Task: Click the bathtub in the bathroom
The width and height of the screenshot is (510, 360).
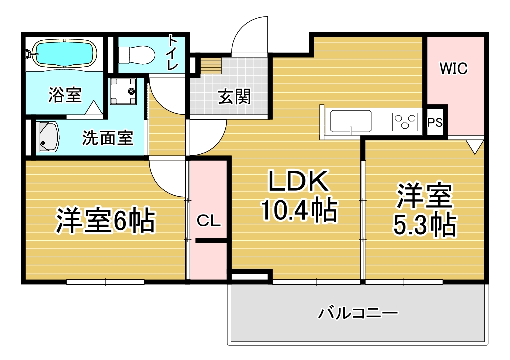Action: [x=64, y=54]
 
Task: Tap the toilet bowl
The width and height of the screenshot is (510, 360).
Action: [x=136, y=55]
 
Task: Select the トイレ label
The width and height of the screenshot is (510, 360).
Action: [x=172, y=53]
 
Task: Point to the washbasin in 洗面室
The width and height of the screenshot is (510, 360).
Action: [x=48, y=137]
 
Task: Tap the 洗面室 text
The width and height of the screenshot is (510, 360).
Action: [x=108, y=138]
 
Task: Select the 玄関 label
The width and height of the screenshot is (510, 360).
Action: [x=234, y=97]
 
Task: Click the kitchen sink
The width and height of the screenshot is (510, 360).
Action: [x=351, y=121]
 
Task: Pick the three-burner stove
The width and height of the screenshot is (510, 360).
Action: [x=405, y=121]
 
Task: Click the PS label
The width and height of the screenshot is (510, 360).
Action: [x=435, y=122]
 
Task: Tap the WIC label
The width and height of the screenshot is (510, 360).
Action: [x=453, y=68]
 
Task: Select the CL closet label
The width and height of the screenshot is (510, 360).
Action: [x=209, y=221]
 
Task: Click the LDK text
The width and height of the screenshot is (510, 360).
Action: [x=298, y=181]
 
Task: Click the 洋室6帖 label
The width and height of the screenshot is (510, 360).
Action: [x=106, y=220]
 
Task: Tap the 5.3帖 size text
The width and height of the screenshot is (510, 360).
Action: [x=425, y=225]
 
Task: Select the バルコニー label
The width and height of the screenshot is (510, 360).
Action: [x=358, y=313]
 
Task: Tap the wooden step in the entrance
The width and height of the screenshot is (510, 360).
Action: [x=211, y=65]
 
